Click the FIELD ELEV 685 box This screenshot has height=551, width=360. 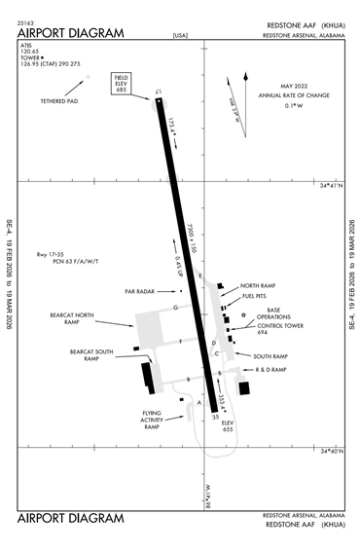coord(122,82)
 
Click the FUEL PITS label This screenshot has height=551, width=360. coord(256,295)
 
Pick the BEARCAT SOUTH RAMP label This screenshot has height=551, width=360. coord(91,354)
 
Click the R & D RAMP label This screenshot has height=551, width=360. coord(271,370)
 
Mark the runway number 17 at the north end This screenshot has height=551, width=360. coord(160,92)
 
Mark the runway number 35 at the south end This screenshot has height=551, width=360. coord(215,417)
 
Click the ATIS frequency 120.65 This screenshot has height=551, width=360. coord(31,51)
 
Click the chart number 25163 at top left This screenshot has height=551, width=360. coord(25,21)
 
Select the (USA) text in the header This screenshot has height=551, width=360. coord(180,36)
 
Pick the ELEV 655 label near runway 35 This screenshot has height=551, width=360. coord(228,425)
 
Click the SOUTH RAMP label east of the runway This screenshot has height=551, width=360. coord(271,356)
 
